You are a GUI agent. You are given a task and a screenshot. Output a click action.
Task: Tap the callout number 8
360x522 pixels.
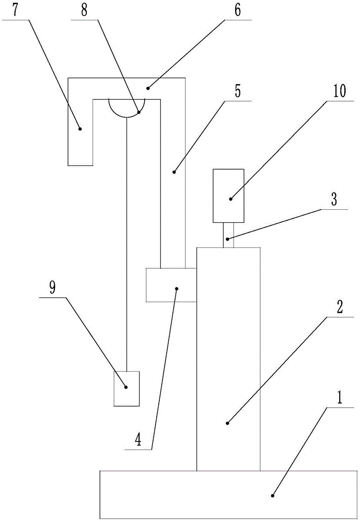[84, 10]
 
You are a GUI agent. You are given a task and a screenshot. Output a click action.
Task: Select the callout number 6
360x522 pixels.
[237, 10]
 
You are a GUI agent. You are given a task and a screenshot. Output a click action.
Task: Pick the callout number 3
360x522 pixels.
[334, 199]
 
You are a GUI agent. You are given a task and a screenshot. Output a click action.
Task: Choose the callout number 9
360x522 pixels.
[52, 288]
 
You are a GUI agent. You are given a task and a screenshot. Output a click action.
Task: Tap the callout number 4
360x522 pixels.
[138, 440]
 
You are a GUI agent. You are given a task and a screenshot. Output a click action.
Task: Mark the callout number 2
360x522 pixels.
[340, 307]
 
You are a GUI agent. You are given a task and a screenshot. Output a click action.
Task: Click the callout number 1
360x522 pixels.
[340, 397]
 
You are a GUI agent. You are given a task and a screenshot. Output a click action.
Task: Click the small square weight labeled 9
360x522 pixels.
[126, 388]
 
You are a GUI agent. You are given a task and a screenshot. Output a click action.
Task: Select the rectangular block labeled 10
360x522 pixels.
[228, 195]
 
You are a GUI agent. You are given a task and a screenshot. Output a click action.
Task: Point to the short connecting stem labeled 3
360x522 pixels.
[228, 235]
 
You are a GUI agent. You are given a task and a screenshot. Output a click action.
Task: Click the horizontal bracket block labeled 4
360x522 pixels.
[171, 285]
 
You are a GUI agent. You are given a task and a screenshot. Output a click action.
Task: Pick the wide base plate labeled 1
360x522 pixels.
[228, 494]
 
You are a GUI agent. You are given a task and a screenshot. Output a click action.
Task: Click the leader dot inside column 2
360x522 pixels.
[228, 423]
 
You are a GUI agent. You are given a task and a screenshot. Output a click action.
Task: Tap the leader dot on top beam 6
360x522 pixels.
[148, 88]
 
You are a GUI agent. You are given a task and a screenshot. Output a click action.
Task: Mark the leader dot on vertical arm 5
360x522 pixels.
[173, 172]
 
